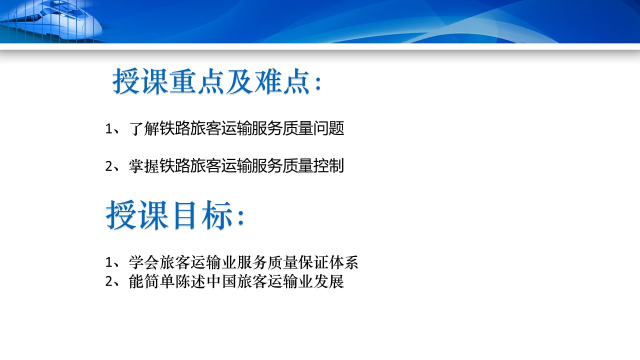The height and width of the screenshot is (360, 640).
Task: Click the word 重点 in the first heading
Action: [197, 81]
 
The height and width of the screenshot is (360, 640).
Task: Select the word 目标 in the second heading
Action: [202, 215]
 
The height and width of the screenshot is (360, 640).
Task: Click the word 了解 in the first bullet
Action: [144, 128]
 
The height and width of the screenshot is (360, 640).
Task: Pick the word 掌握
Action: [144, 165]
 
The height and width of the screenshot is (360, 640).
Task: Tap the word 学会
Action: [144, 262]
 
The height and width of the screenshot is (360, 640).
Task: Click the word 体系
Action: [343, 262]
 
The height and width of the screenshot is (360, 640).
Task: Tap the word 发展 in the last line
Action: [329, 281]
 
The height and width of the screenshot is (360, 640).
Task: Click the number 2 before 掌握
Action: [109, 166]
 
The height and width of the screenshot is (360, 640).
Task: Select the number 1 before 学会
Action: [109, 262]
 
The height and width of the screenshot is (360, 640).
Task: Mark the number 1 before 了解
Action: [109, 129]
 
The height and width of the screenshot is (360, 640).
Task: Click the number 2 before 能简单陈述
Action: [109, 282]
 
